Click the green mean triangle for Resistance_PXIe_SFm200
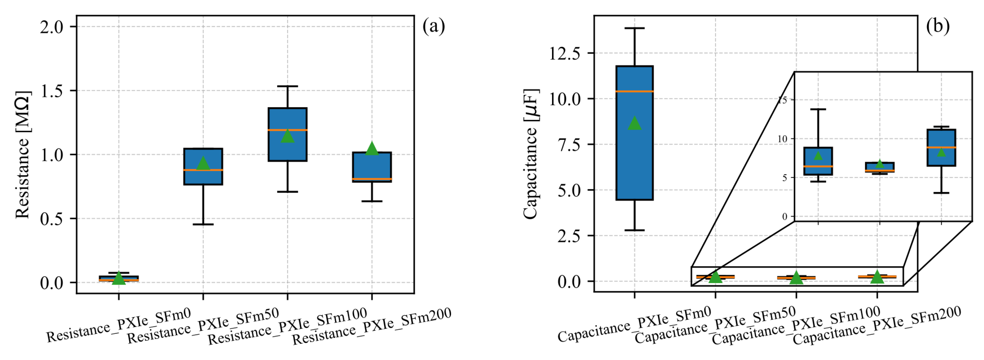(372, 149)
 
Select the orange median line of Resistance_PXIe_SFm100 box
(287, 130)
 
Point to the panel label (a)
(434, 27)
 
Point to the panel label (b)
(937, 27)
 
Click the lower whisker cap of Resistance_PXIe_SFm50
(203, 224)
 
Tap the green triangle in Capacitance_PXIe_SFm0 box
(635, 123)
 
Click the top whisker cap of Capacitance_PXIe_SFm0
(635, 28)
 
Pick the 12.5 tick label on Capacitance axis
(564, 53)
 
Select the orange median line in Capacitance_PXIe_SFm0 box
(635, 91)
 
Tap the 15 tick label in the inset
(783, 100)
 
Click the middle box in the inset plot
(879, 167)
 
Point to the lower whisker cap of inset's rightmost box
(941, 193)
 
